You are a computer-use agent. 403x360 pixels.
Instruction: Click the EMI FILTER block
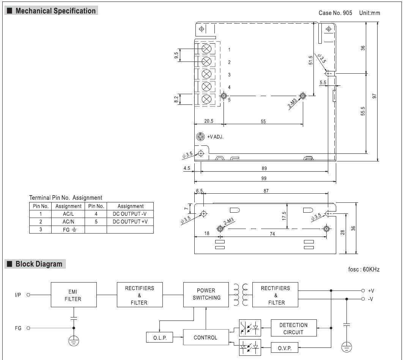point(74,295)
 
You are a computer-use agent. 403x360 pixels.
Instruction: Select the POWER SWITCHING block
point(206,295)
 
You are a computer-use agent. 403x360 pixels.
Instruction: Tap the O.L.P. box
point(159,337)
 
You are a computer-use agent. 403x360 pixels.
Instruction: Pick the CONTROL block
point(206,337)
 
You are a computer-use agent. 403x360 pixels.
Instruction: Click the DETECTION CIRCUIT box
point(293,328)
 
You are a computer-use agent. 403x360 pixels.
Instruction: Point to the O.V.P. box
point(285,347)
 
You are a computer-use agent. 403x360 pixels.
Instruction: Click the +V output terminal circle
point(363,291)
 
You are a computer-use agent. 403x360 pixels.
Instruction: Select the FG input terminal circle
point(28,328)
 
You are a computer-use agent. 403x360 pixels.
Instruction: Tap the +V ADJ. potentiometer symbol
point(200,137)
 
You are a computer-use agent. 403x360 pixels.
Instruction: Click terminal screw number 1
point(207,49)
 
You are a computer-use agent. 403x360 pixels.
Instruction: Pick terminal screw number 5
point(207,99)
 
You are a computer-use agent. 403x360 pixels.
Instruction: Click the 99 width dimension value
point(264,178)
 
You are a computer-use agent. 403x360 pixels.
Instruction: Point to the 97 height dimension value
point(375,96)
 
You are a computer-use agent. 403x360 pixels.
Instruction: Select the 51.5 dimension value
point(311,60)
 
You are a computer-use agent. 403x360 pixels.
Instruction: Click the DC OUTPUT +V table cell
point(130,222)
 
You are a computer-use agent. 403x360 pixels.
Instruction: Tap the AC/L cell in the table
point(68,214)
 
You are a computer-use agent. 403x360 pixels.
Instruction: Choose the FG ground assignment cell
point(68,230)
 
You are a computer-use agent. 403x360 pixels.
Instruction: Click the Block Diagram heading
point(39,264)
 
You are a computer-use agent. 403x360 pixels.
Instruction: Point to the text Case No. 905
point(335,13)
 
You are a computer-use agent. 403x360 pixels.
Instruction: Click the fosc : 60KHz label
point(364,270)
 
